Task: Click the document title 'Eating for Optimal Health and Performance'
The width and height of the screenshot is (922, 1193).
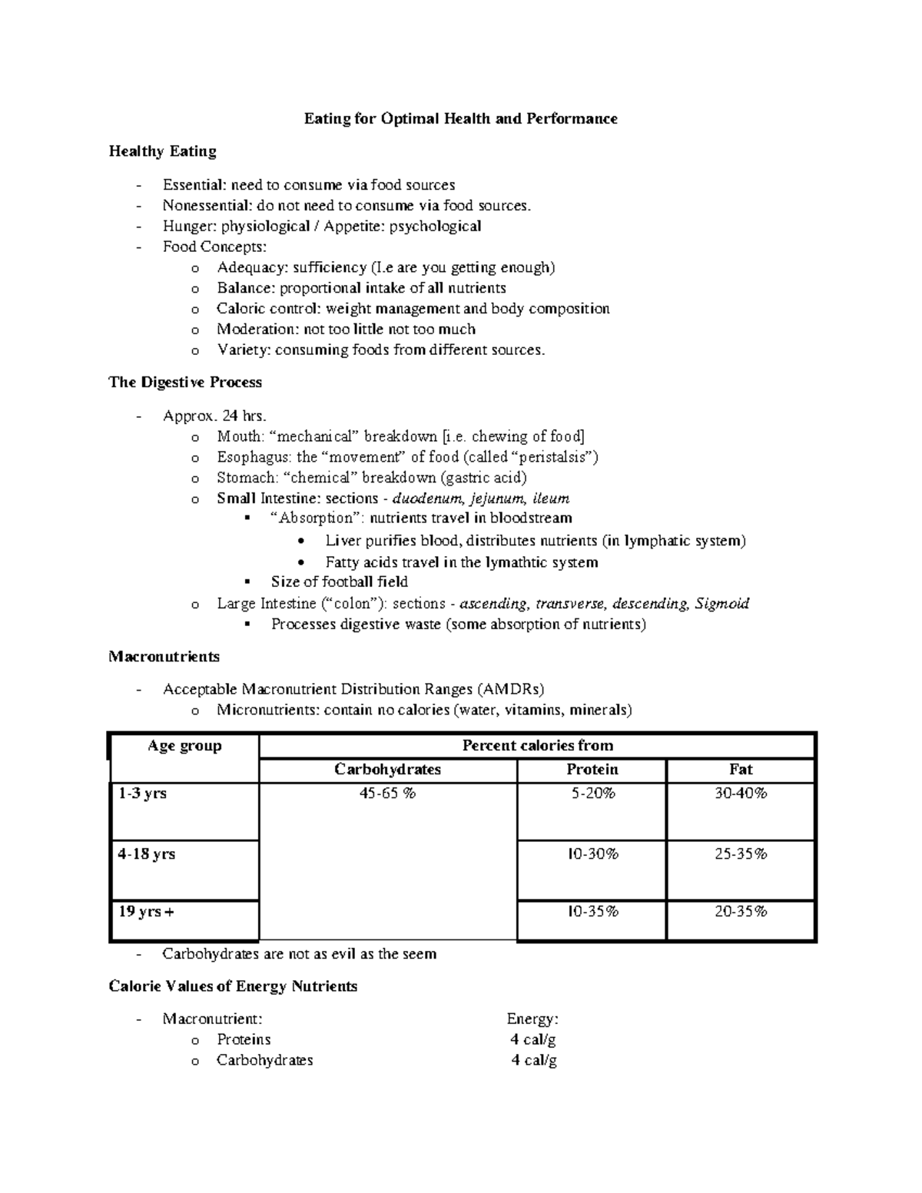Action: pos(460,118)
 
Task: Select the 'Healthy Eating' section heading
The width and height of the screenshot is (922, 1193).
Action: pos(162,151)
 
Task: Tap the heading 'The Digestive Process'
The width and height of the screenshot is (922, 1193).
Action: pos(185,383)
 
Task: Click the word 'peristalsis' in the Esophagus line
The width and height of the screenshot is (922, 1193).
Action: pos(553,457)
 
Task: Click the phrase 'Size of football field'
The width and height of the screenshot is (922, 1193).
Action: pos(339,582)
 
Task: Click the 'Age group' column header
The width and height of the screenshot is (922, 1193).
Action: pos(184,746)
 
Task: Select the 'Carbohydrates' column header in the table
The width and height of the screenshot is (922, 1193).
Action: pos(387,770)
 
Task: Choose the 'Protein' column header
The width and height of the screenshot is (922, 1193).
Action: pos(592,770)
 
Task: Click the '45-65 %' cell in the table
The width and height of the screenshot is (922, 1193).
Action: pos(387,794)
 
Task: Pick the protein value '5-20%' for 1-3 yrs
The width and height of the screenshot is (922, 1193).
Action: pos(592,794)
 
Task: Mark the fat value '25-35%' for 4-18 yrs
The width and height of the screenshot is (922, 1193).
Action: pos(741,854)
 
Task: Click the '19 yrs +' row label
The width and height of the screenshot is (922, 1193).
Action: pos(146,912)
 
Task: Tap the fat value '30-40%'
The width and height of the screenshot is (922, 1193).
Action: pos(741,794)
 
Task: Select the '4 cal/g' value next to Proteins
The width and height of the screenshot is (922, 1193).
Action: pos(532,1039)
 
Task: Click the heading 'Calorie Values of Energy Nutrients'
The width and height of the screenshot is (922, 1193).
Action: pos(233,986)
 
